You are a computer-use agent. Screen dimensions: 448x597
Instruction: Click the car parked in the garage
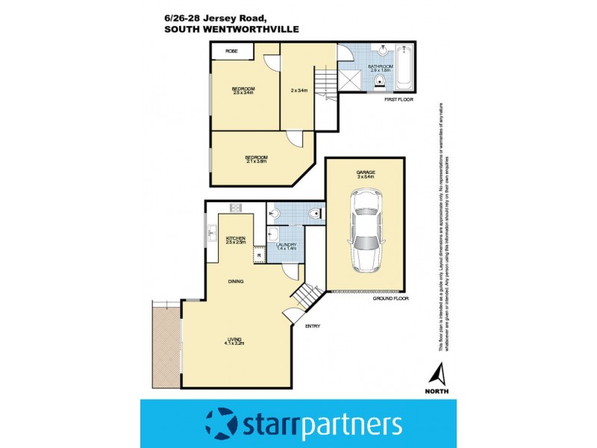tap(366, 229)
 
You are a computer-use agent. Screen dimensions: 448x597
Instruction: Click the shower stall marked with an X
tap(351, 80)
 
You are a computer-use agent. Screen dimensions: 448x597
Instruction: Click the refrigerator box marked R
tap(259, 256)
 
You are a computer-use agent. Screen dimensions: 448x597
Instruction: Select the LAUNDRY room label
tap(286, 245)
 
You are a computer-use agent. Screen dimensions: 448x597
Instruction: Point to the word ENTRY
tap(313, 326)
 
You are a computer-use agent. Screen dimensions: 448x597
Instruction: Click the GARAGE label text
tap(366, 172)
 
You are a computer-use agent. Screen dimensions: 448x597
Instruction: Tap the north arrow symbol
tap(440, 372)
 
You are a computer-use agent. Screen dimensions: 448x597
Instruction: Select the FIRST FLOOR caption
tap(397, 99)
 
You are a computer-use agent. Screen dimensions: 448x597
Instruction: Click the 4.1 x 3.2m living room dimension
tap(236, 344)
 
